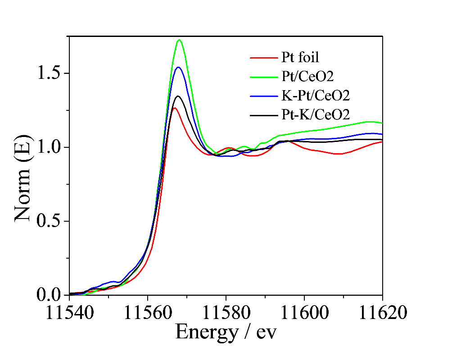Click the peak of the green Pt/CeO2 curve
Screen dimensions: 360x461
click(179, 40)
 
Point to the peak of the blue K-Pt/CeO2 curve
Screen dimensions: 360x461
click(178, 67)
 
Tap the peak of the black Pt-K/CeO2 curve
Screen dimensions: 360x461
click(178, 96)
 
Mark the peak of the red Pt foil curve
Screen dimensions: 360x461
click(174, 108)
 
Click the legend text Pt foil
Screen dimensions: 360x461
click(300, 57)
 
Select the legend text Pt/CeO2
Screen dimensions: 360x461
click(307, 77)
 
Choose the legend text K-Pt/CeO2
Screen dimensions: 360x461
click(316, 96)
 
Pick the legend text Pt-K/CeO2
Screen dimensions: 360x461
click(316, 115)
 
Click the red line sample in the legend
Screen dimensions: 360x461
click(263, 58)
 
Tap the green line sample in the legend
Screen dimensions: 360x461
click(263, 77)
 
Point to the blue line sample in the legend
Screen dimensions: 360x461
click(263, 96)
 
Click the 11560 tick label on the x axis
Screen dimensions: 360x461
click(148, 312)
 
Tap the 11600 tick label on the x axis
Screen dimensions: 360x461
click(304, 312)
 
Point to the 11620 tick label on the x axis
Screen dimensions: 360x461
click(383, 312)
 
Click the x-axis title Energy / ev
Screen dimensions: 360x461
click(226, 332)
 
